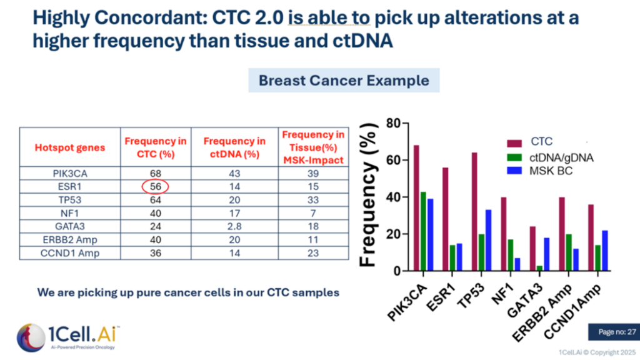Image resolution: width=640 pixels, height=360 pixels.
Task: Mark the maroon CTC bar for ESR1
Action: coord(446,219)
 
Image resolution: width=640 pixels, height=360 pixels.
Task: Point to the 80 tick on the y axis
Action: coord(392,123)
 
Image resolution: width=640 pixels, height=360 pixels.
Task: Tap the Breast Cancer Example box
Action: coord(344,81)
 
